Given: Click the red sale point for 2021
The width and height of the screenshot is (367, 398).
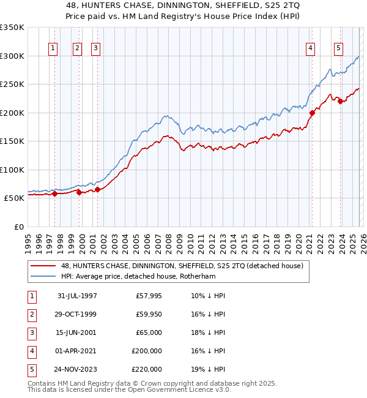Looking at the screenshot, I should coord(312,113).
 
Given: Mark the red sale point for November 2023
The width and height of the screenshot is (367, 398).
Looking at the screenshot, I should coord(341,102).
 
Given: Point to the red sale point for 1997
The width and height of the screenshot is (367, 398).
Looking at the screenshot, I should coord(55,194).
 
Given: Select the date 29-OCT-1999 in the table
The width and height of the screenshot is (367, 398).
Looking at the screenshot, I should coord(77,314).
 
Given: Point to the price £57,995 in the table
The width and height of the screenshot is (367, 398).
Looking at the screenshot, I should coord(147,295).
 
